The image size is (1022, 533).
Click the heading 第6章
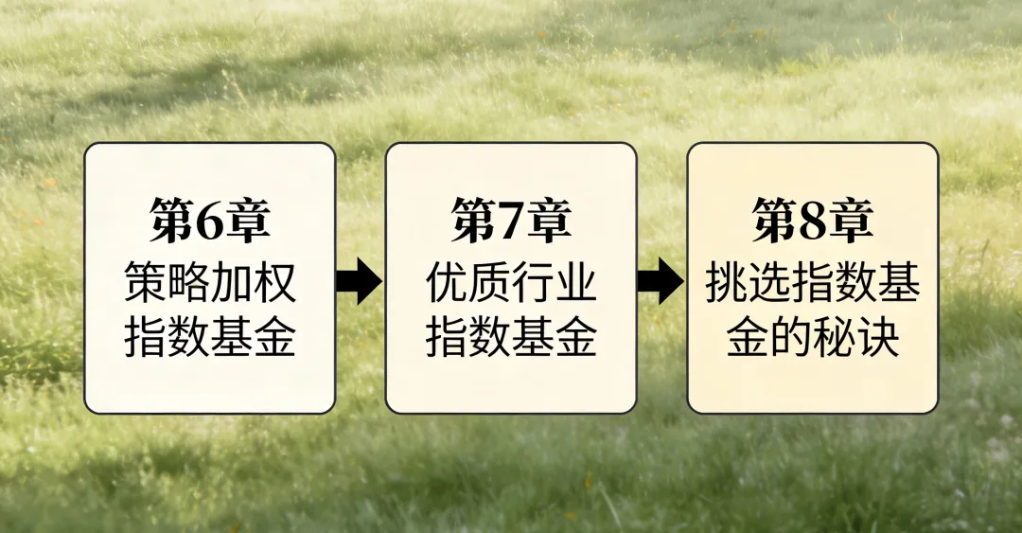click(x=210, y=220)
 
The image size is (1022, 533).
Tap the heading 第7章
click(x=511, y=220)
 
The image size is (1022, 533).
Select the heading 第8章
click(x=812, y=220)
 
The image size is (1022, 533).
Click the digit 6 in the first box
click(x=210, y=221)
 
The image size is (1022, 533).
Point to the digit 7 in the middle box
click(x=512, y=221)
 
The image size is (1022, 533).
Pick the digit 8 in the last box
click(x=813, y=221)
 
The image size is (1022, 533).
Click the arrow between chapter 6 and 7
click(x=359, y=281)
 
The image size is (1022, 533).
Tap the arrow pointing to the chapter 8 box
click(x=661, y=281)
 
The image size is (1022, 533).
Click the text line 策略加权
click(x=210, y=281)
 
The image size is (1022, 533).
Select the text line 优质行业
click(x=511, y=281)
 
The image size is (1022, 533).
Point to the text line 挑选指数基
click(x=812, y=281)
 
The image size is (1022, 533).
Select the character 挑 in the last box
click(x=726, y=281)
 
